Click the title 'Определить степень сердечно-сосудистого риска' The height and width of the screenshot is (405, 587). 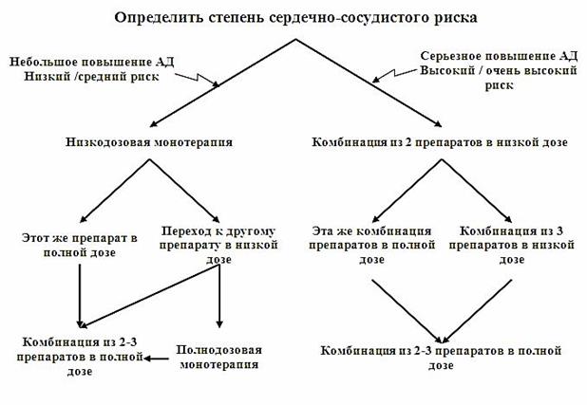coord(295,18)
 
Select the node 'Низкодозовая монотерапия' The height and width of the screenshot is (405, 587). coord(149,142)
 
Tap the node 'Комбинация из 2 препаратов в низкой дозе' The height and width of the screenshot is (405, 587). coord(440,142)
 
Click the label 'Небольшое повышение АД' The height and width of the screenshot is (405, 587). coord(92,62)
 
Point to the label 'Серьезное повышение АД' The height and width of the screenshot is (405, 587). coord(499,56)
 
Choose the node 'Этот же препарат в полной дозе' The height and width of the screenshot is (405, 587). coord(80,246)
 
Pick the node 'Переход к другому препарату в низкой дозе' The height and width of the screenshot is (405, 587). coord(218,245)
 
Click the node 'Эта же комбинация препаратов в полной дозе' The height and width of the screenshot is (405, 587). coord(371,245)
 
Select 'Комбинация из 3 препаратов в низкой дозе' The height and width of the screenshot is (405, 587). coord(511,245)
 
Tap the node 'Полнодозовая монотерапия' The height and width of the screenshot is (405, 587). coord(219,358)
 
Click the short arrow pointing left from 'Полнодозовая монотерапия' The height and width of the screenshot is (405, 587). coord(157,359)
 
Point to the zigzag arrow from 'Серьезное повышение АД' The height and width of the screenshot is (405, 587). coord(394,75)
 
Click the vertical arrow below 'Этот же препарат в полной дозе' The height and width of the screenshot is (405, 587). coord(80,295)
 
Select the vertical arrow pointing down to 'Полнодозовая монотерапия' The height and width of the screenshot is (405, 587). coord(219,296)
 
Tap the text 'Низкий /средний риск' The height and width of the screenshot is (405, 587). coord(92,77)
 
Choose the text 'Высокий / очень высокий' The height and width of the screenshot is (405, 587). coord(499,71)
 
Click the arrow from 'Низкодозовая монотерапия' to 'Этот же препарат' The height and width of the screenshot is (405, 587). coord(115,191)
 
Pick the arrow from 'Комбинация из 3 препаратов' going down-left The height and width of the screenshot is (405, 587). coord(477,311)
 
